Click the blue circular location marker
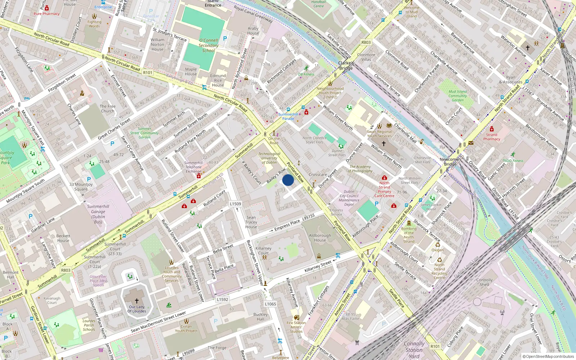(x=288, y=180)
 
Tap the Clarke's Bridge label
(x=346, y=66)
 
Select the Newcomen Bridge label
(x=450, y=162)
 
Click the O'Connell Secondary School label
(x=208, y=45)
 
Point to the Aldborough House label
(x=320, y=238)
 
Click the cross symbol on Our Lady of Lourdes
(x=137, y=301)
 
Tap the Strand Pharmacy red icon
(x=492, y=129)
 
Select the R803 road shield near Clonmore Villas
(x=366, y=42)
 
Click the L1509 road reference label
(x=235, y=204)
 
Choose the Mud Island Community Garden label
(x=458, y=96)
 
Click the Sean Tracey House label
(x=251, y=222)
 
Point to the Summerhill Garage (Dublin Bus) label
(x=98, y=214)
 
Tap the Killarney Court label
(x=264, y=251)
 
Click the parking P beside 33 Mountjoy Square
(x=89, y=179)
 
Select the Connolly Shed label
(x=484, y=282)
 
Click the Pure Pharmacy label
(x=46, y=14)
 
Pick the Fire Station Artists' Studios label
(x=296, y=327)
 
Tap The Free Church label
(x=108, y=108)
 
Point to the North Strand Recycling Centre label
(x=439, y=271)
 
